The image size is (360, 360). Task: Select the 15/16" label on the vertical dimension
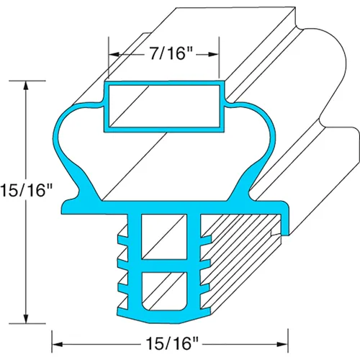click(x=27, y=190)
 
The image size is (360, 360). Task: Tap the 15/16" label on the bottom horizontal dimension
click(x=172, y=343)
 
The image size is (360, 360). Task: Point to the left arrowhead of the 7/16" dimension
click(x=114, y=55)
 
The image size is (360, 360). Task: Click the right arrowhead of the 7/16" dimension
click(x=213, y=55)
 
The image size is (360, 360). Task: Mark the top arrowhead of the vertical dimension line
click(x=26, y=86)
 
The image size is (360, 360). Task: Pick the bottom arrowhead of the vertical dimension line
click(x=26, y=318)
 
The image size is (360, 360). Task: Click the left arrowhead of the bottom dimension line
click(x=58, y=344)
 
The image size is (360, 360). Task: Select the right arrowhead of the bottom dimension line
click(x=282, y=344)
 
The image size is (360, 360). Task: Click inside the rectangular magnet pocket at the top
click(x=164, y=106)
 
